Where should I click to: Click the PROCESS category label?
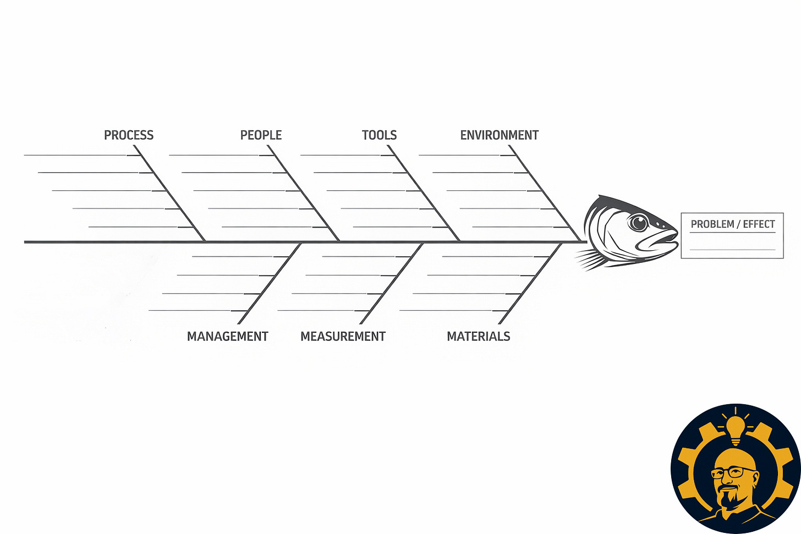click(x=129, y=135)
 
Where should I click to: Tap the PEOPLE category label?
click(x=261, y=135)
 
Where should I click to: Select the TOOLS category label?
click(x=379, y=135)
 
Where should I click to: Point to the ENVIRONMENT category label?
click(x=499, y=135)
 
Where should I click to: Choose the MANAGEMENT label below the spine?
click(x=227, y=337)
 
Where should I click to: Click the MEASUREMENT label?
click(x=343, y=337)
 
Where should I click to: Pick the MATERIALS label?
click(x=478, y=337)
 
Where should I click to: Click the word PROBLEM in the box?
click(x=712, y=224)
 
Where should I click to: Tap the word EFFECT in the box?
click(x=759, y=224)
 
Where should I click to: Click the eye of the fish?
click(x=638, y=223)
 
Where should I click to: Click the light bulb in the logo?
click(x=735, y=427)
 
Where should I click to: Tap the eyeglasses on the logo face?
click(x=734, y=472)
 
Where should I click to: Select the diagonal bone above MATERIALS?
click(x=529, y=284)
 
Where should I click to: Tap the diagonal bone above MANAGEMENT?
click(x=270, y=284)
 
